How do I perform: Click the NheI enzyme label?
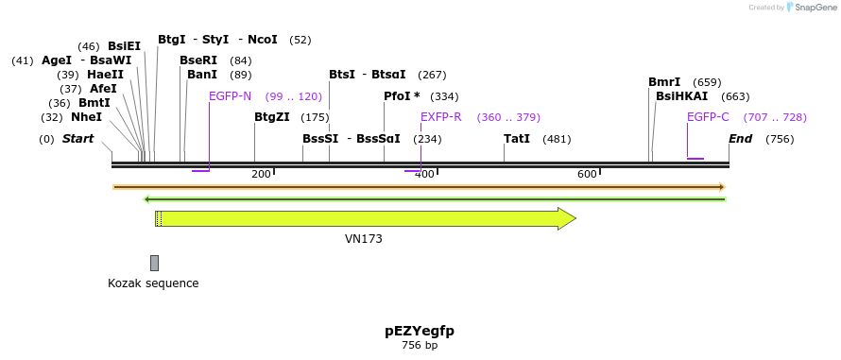point(86,117)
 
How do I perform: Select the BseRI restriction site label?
point(198,60)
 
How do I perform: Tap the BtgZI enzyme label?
point(272,117)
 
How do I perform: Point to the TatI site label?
point(517,139)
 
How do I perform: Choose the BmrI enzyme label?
point(664,82)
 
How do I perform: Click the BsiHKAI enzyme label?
point(681,96)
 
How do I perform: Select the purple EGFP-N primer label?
point(231,96)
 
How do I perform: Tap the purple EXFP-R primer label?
point(441,117)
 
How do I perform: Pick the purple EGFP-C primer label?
point(708,117)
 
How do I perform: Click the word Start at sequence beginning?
point(77,139)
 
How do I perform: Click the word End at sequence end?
point(741,139)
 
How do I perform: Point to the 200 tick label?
point(261,174)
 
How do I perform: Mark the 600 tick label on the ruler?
point(587,174)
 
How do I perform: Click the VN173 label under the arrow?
point(364,239)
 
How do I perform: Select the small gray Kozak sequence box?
point(154,263)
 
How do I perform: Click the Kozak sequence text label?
point(153,283)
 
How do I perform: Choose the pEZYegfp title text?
point(420,331)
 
